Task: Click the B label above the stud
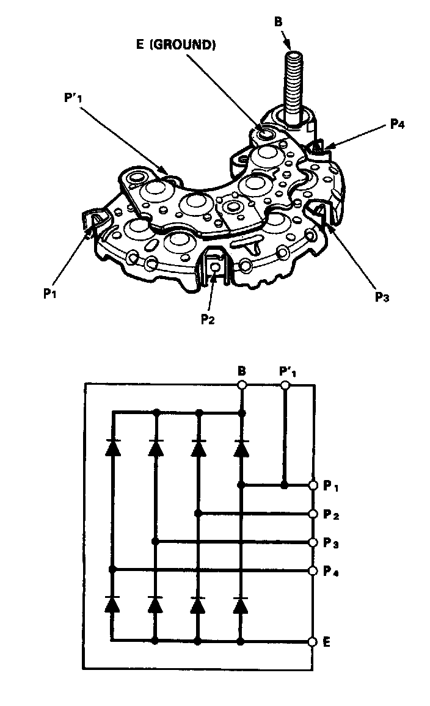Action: pos(279,21)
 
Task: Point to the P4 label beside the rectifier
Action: pos(398,125)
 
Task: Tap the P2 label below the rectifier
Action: pos(208,319)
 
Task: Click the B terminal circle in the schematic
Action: pos(242,385)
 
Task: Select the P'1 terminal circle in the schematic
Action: pos(285,385)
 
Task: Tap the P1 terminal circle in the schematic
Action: pos(313,485)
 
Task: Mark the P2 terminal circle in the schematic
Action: pos(313,514)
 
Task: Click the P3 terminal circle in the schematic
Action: pos(313,542)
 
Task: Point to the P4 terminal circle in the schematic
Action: pos(313,570)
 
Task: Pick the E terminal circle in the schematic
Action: pos(313,642)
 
